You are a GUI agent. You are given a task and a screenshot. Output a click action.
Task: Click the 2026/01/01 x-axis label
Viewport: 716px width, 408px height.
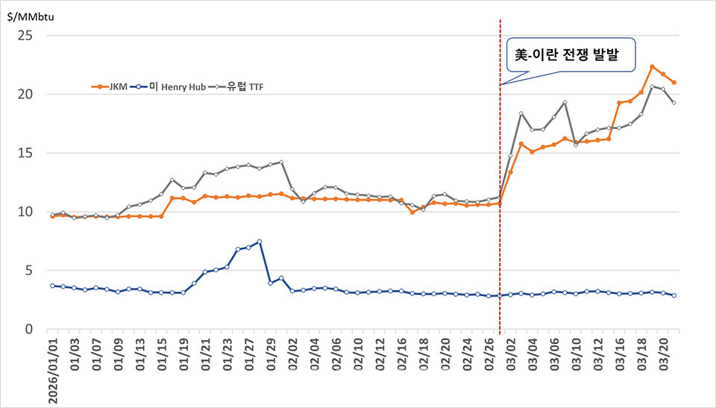(52, 370)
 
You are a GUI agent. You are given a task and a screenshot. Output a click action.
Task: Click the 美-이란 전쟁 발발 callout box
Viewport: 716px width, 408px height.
(571, 55)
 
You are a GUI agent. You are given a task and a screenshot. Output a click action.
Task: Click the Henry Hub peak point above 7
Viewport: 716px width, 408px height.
(259, 242)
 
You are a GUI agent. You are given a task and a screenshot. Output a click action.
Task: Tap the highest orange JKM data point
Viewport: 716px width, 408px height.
(652, 67)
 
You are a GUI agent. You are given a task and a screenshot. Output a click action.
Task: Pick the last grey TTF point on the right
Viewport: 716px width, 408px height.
(673, 103)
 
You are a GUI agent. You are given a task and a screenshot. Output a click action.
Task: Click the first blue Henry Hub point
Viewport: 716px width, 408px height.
(52, 286)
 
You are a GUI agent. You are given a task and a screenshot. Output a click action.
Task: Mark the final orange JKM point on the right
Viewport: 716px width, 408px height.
(673, 83)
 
